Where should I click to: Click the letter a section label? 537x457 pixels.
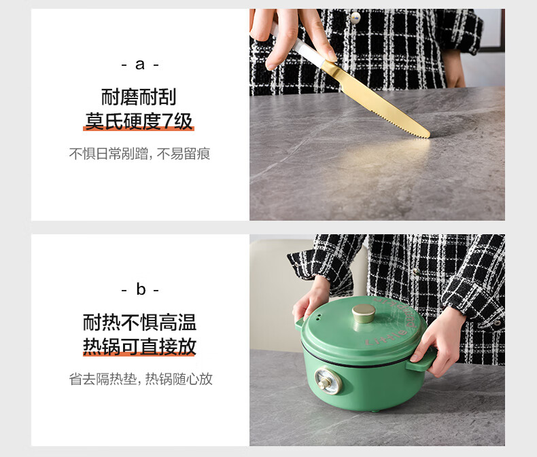pyautogui.click(x=140, y=65)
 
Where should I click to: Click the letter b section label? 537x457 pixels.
pyautogui.click(x=141, y=289)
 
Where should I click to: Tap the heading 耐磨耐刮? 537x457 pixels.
pyautogui.click(x=139, y=97)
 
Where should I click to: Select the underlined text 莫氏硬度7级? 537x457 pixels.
pyautogui.click(x=139, y=122)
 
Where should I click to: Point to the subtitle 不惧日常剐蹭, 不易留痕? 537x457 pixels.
pyautogui.click(x=139, y=154)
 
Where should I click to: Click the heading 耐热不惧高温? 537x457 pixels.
pyautogui.click(x=139, y=323)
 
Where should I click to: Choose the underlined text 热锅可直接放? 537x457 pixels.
pyautogui.click(x=139, y=346)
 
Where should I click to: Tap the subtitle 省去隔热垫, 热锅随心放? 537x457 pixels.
pyautogui.click(x=141, y=380)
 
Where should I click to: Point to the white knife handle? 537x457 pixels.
pyautogui.click(x=297, y=44)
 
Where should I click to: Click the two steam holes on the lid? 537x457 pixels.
pyautogui.click(x=319, y=317)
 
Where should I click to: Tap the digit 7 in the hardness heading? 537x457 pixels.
pyautogui.click(x=167, y=122)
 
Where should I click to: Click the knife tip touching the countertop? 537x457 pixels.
pyautogui.click(x=428, y=136)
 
